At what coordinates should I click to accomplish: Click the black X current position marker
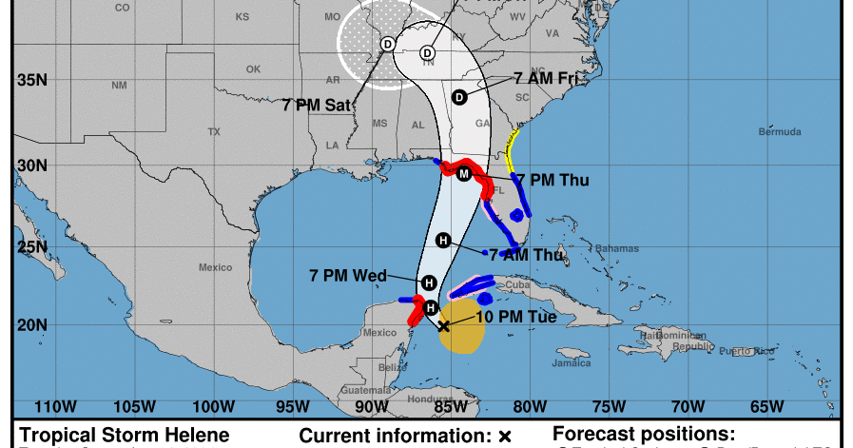pyautogui.click(x=443, y=325)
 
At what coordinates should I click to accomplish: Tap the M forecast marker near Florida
pyautogui.click(x=464, y=174)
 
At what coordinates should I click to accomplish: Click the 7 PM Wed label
pyautogui.click(x=348, y=276)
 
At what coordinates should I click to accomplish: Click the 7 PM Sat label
pyautogui.click(x=318, y=105)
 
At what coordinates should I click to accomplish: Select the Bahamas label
pyautogui.click(x=619, y=248)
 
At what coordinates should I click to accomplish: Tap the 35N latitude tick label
pyautogui.click(x=32, y=81)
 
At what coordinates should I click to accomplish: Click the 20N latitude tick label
pyautogui.click(x=32, y=325)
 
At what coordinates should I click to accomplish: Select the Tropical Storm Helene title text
pyautogui.click(x=125, y=435)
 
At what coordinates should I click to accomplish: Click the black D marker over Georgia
pyautogui.click(x=459, y=96)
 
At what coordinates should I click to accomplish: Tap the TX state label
pyautogui.click(x=214, y=131)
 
